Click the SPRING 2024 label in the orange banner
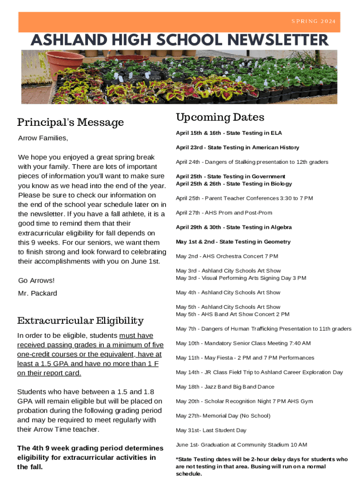click(313, 22)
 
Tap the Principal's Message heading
click(71, 123)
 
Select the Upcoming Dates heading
click(220, 117)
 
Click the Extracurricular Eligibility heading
click(80, 320)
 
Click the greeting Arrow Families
click(43, 138)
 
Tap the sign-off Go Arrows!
click(36, 281)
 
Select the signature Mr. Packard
click(37, 293)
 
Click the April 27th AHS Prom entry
click(224, 213)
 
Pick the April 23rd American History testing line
click(238, 148)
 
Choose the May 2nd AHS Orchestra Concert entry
click(227, 256)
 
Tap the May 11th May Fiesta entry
click(245, 358)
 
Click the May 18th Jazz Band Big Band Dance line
click(225, 387)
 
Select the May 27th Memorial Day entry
click(223, 416)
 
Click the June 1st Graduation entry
click(241, 445)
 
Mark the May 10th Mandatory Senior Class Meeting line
click(243, 343)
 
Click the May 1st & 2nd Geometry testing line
click(233, 242)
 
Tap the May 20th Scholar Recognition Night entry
click(245, 401)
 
